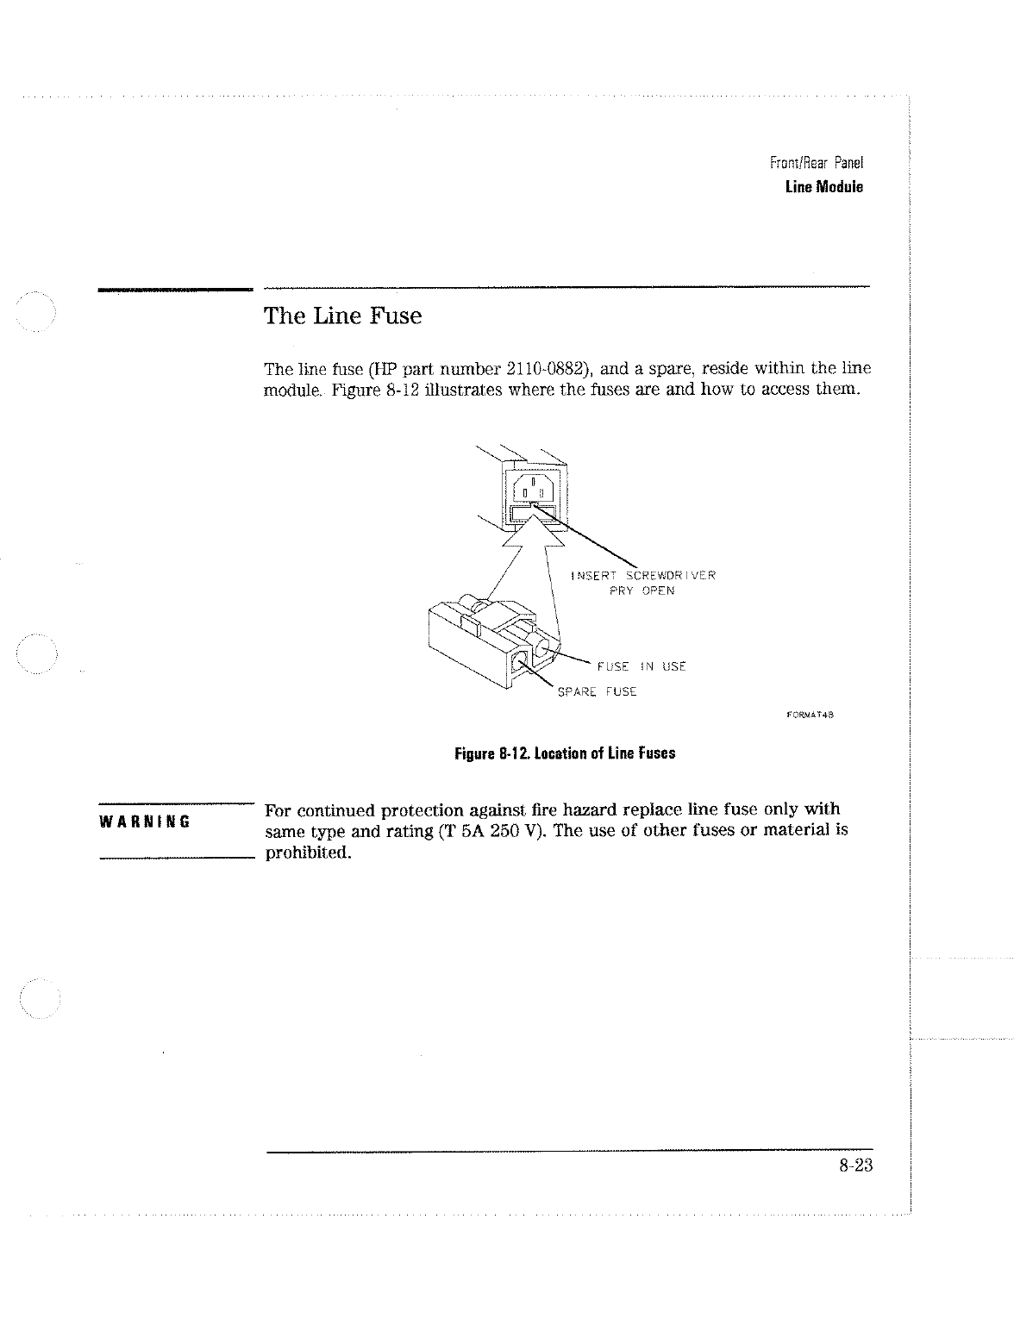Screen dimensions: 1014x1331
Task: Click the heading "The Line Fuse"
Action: point(342,316)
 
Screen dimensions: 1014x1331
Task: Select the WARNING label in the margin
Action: point(145,820)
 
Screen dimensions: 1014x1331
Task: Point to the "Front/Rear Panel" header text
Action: point(815,163)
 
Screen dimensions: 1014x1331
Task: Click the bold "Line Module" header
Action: point(823,187)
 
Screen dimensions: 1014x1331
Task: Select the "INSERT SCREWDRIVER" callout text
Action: point(642,575)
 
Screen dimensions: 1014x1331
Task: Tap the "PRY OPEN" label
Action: point(642,591)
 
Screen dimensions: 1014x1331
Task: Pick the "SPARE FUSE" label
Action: point(597,692)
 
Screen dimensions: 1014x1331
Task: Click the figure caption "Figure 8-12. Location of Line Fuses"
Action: point(565,753)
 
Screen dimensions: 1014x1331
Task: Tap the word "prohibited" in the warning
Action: point(306,853)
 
